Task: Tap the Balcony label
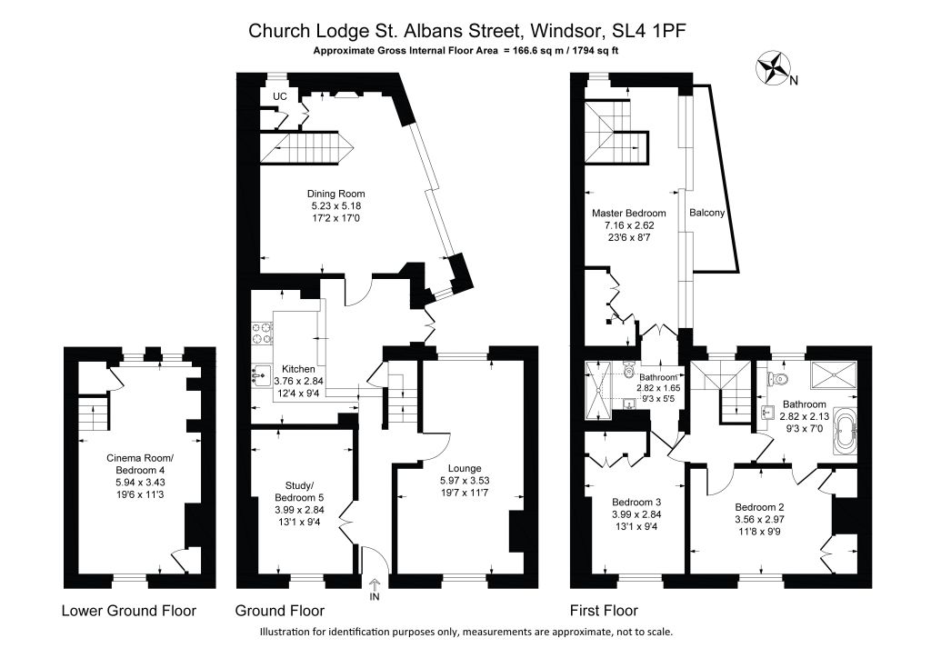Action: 707,213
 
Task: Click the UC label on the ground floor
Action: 280,96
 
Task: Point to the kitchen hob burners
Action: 262,333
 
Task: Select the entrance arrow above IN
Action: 374,584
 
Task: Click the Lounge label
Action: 465,468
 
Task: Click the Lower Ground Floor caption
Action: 129,611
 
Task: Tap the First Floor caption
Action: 604,611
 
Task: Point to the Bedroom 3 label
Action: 636,502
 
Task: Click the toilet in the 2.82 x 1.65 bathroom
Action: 630,370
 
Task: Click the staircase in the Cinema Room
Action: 94,413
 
